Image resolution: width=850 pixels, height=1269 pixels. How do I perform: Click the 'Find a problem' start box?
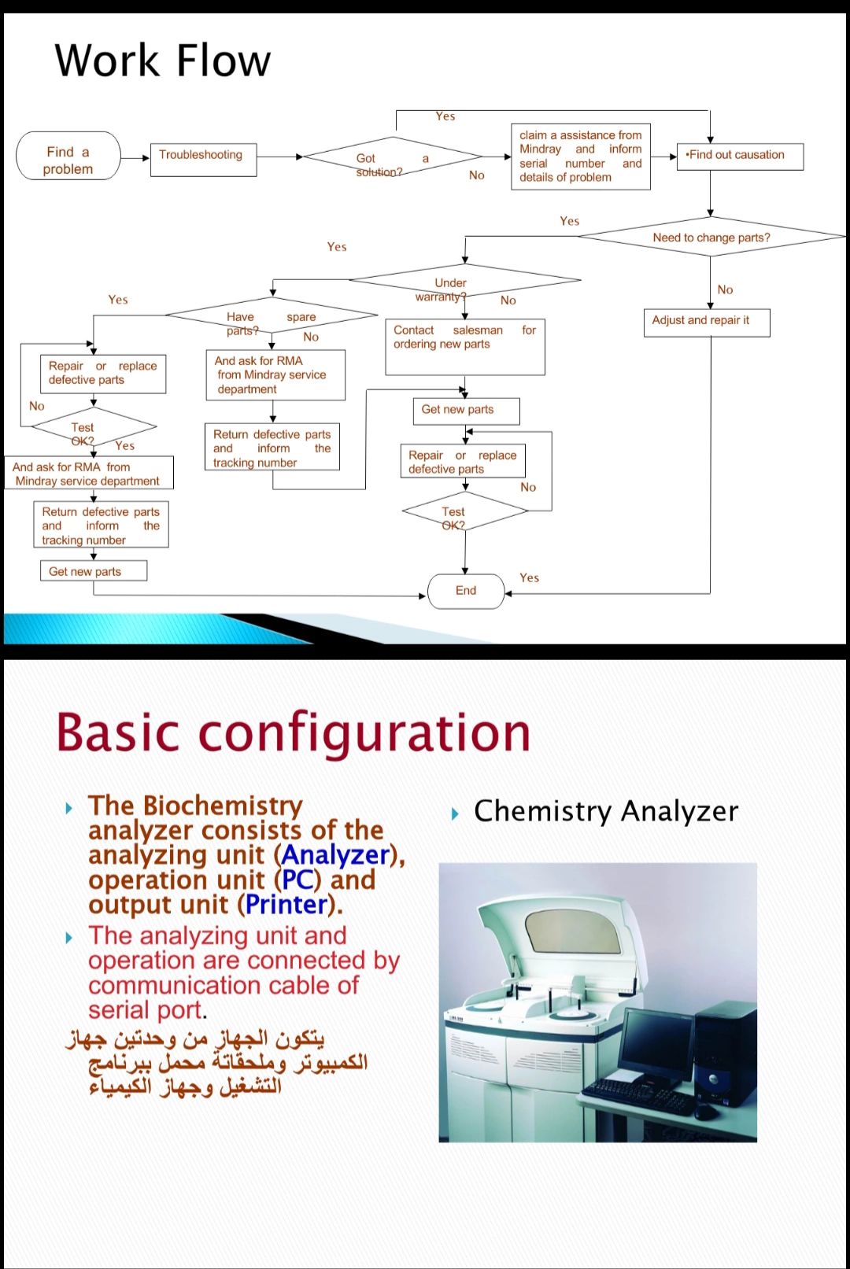pyautogui.click(x=68, y=156)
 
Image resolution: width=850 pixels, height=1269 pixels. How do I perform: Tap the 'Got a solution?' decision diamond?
pyautogui.click(x=391, y=158)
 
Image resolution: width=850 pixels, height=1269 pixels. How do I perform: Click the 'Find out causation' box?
pyautogui.click(x=739, y=156)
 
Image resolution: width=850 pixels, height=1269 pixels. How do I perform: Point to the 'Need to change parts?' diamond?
pyautogui.click(x=711, y=236)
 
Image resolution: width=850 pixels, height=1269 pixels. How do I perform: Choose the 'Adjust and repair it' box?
pyautogui.click(x=706, y=322)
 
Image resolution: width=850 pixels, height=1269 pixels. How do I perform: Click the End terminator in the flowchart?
pyautogui.click(x=466, y=591)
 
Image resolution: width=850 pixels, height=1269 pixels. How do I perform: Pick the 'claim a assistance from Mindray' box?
pyautogui.click(x=580, y=157)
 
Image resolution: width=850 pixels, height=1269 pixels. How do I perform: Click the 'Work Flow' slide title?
pyautogui.click(x=163, y=61)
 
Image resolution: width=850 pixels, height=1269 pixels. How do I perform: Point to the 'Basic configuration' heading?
pyautogui.click(x=293, y=732)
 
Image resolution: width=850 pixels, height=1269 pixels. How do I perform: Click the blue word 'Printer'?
pyautogui.click(x=286, y=905)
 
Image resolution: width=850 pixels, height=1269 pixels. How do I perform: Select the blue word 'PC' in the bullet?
pyautogui.click(x=297, y=880)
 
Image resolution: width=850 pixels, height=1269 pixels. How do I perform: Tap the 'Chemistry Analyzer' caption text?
pyautogui.click(x=605, y=811)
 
